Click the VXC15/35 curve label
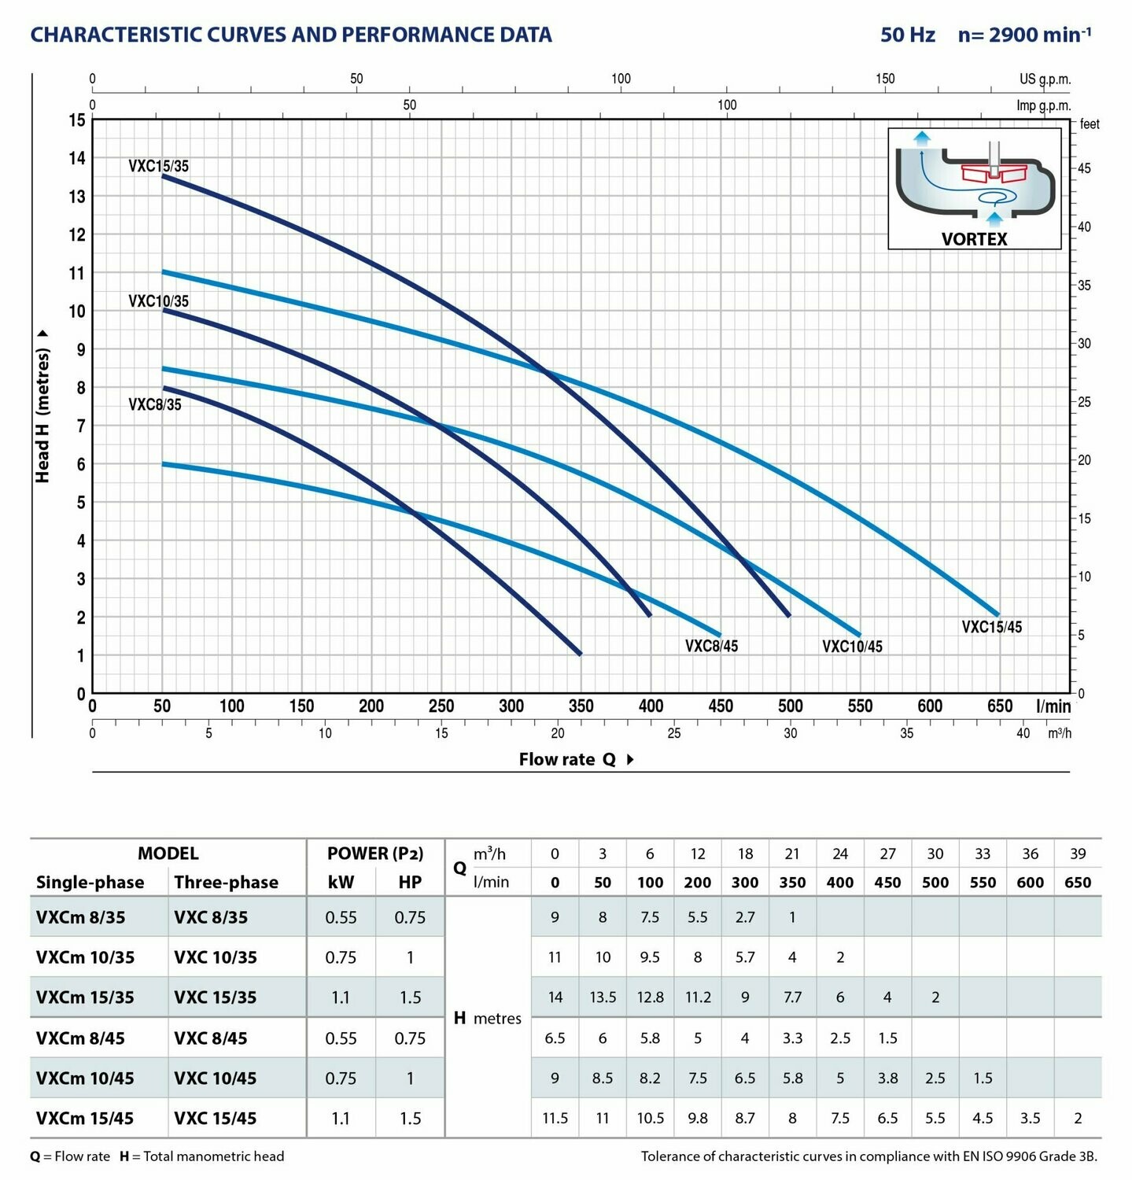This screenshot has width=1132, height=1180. tap(158, 166)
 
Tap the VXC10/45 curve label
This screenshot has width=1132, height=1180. tap(852, 647)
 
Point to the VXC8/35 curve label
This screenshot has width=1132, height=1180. tap(154, 404)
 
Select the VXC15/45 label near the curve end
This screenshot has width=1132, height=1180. tap(991, 627)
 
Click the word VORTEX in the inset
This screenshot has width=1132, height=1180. tap(974, 239)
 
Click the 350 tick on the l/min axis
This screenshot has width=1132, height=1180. tap(581, 706)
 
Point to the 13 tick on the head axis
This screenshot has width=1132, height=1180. tap(77, 197)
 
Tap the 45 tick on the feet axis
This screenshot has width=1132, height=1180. tap(1084, 168)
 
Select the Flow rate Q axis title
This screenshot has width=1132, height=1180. tap(567, 759)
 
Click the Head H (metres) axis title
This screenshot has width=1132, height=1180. tap(42, 415)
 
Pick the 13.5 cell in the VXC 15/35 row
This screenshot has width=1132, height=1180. tap(603, 997)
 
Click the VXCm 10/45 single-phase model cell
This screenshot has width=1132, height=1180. tap(85, 1078)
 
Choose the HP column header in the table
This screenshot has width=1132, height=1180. tap(410, 882)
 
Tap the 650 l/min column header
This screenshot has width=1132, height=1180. tap(1077, 883)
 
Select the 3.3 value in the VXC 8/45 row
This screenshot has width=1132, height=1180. tap(792, 1038)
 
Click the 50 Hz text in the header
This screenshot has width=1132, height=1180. tap(908, 35)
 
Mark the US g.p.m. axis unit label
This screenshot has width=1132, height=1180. tap(1045, 79)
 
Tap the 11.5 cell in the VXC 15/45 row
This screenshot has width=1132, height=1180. tap(555, 1118)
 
